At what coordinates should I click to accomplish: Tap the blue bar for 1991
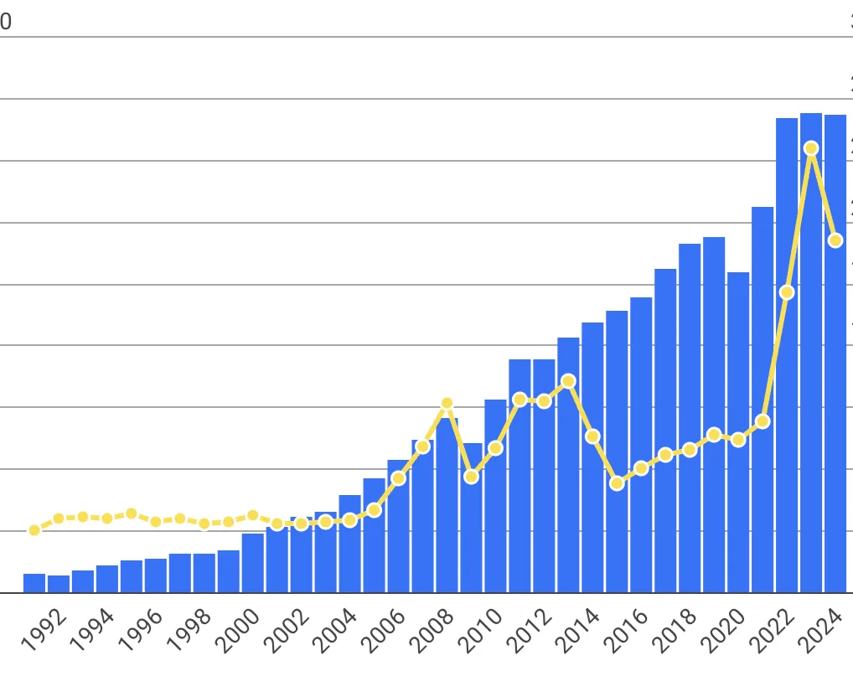click(34, 583)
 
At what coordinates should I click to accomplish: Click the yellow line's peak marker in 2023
click(811, 148)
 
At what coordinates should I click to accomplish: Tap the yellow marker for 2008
click(447, 404)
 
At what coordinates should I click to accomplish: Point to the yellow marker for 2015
click(617, 483)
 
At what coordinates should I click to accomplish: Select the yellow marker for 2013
click(568, 381)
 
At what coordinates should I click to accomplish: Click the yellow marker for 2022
click(787, 292)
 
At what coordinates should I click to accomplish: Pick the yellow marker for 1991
click(34, 530)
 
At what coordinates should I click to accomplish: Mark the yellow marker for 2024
click(835, 240)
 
